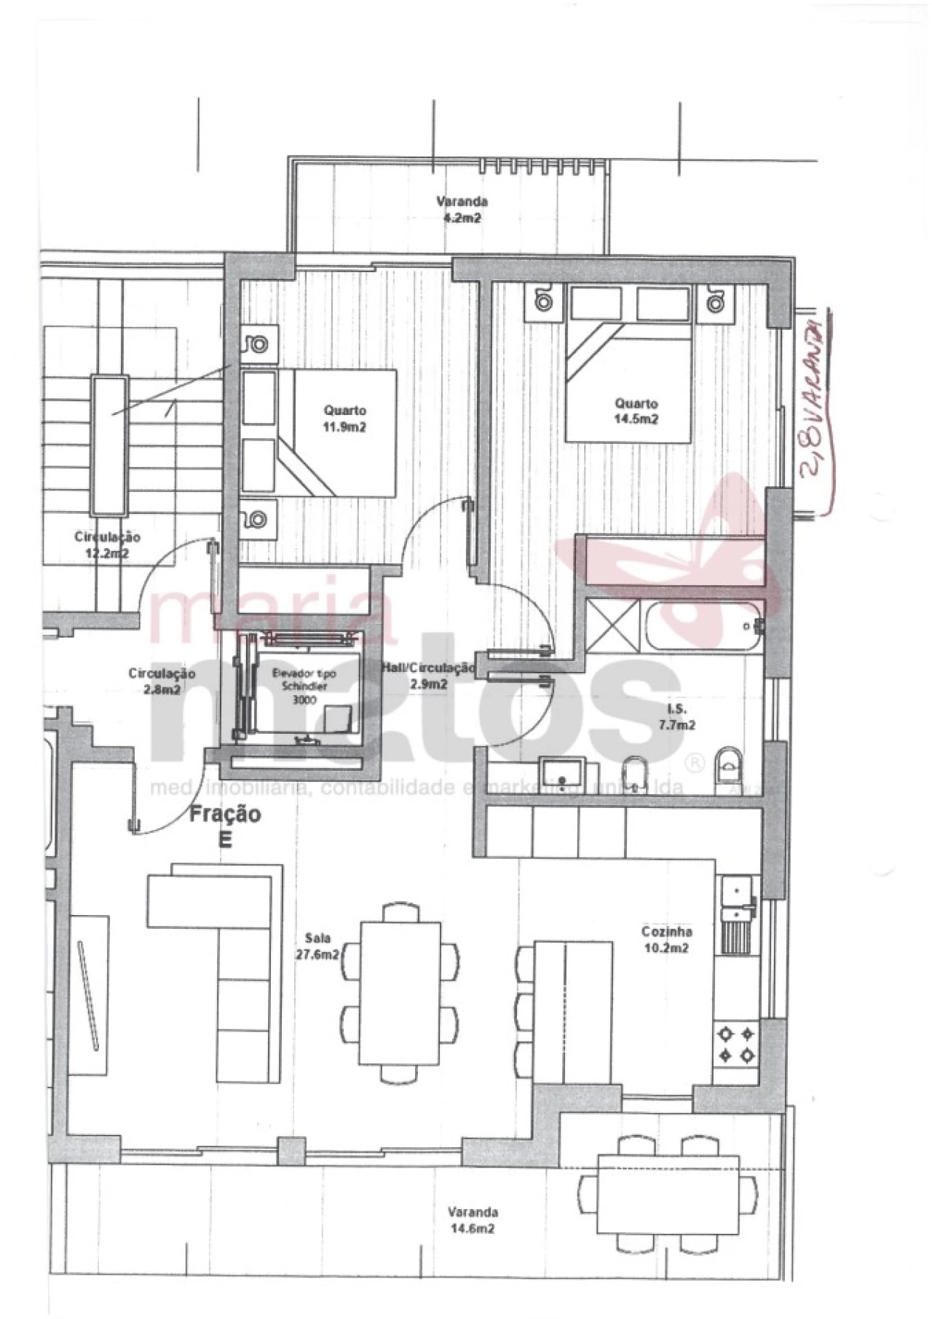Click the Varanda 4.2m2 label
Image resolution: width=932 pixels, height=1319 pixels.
coord(462,210)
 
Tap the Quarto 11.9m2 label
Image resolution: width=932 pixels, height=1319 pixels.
coord(344,419)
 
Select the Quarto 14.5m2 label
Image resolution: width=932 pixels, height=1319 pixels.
coord(636,411)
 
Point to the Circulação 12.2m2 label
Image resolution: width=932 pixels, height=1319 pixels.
coord(107,544)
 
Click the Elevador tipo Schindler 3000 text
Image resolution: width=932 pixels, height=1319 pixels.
coord(299,686)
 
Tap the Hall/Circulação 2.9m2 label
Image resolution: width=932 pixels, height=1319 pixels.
coord(429,676)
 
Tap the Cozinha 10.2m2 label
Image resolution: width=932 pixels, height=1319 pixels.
coord(666,940)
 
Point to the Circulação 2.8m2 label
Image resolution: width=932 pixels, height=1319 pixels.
coord(162,681)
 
